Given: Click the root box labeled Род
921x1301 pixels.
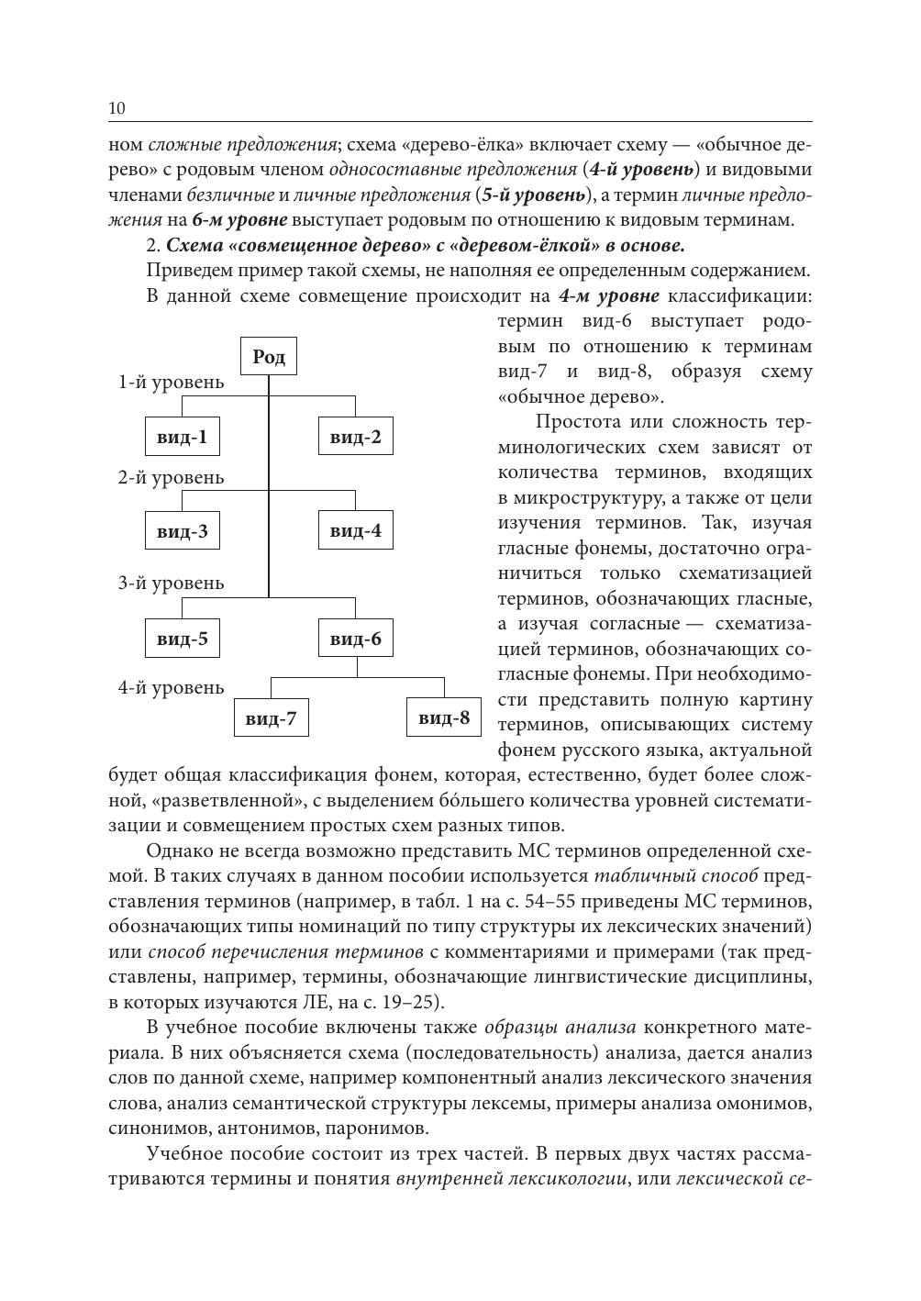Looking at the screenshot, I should coord(269,357).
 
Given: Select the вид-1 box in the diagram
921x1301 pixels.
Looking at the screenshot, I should coord(182,438).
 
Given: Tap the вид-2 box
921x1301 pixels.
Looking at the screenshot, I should coord(355,438).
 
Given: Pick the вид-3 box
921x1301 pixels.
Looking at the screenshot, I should coord(182,531).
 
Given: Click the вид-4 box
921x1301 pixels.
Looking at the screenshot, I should coord(355,531).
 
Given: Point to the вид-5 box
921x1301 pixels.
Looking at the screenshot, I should coord(182,639).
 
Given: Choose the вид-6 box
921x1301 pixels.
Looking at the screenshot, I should coord(355,639).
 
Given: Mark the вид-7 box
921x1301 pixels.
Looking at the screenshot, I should coord(271,718).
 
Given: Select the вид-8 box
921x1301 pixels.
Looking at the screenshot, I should coord(444,717).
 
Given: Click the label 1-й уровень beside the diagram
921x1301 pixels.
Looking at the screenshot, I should coord(171,383).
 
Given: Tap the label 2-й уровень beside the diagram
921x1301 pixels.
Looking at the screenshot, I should coord(171,478).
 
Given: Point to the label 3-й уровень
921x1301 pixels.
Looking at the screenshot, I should coord(171,584).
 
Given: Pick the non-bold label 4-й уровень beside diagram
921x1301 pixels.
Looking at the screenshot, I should coord(171,688).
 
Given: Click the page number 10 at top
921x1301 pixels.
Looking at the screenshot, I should coord(117,108).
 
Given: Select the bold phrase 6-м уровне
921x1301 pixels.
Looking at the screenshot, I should coord(240,220).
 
